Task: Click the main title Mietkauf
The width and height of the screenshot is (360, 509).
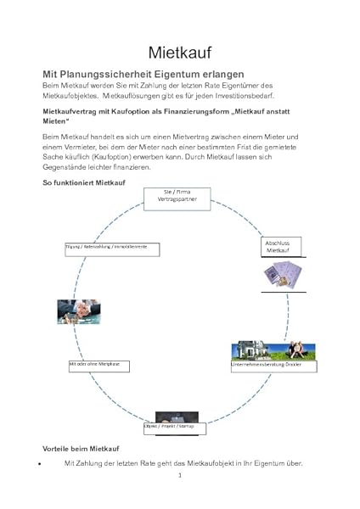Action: (x=180, y=53)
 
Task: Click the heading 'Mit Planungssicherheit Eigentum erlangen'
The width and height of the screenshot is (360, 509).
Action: (x=143, y=75)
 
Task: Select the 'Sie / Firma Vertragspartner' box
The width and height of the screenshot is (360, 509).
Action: (x=180, y=196)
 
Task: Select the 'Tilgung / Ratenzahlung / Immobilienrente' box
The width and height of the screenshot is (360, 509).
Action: (x=107, y=246)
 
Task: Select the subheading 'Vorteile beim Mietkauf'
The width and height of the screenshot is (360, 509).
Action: (x=82, y=447)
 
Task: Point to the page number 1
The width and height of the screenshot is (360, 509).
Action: (x=180, y=476)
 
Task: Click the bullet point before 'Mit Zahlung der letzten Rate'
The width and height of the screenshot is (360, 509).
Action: (x=40, y=464)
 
